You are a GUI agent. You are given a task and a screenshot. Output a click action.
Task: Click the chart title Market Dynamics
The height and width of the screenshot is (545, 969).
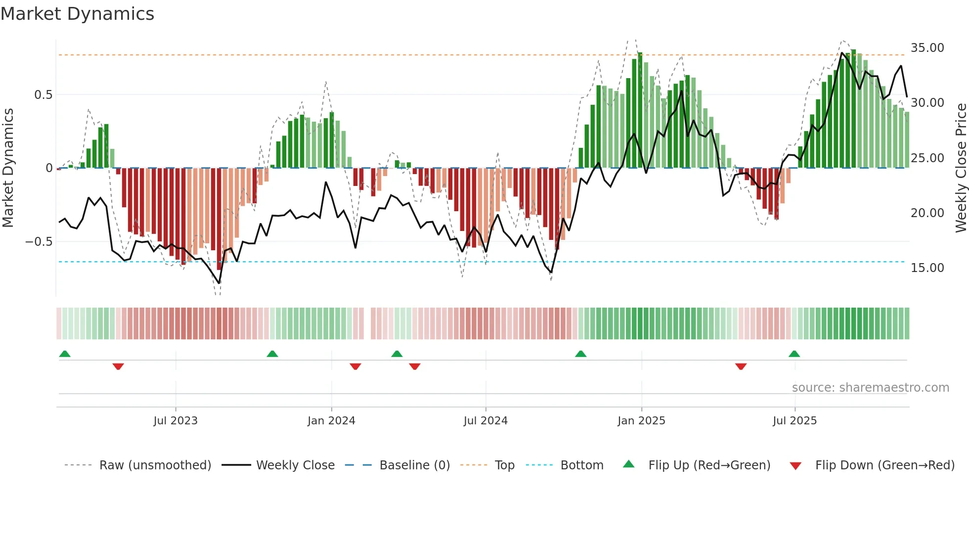77,14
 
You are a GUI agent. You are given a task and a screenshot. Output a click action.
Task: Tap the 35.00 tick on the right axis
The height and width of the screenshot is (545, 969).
927,48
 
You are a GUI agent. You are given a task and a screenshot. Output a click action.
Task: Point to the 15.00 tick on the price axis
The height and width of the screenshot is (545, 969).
927,268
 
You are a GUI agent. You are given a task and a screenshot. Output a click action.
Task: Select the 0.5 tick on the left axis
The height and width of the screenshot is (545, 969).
43,94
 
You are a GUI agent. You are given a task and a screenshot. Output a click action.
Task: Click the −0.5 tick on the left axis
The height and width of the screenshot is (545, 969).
39,242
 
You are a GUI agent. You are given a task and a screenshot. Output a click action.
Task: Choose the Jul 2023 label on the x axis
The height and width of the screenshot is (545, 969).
175,421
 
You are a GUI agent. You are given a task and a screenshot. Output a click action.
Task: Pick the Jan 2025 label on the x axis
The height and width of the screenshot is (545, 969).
641,421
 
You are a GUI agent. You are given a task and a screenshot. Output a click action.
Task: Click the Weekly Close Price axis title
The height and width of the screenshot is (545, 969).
961,168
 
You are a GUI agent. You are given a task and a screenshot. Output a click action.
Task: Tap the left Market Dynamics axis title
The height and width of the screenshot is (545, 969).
8,168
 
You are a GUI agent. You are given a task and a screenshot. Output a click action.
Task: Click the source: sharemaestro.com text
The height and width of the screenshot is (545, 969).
870,388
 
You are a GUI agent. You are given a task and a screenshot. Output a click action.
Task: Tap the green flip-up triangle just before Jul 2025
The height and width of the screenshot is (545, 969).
794,354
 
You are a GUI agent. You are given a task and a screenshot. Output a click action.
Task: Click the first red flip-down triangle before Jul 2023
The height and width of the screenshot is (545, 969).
118,366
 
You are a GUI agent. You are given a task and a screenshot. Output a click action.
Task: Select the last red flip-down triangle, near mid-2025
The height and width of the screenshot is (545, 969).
741,366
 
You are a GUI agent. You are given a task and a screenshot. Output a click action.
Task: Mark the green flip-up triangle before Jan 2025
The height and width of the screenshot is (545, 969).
580,354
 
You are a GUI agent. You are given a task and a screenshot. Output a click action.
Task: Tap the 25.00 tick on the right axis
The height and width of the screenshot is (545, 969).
927,158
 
